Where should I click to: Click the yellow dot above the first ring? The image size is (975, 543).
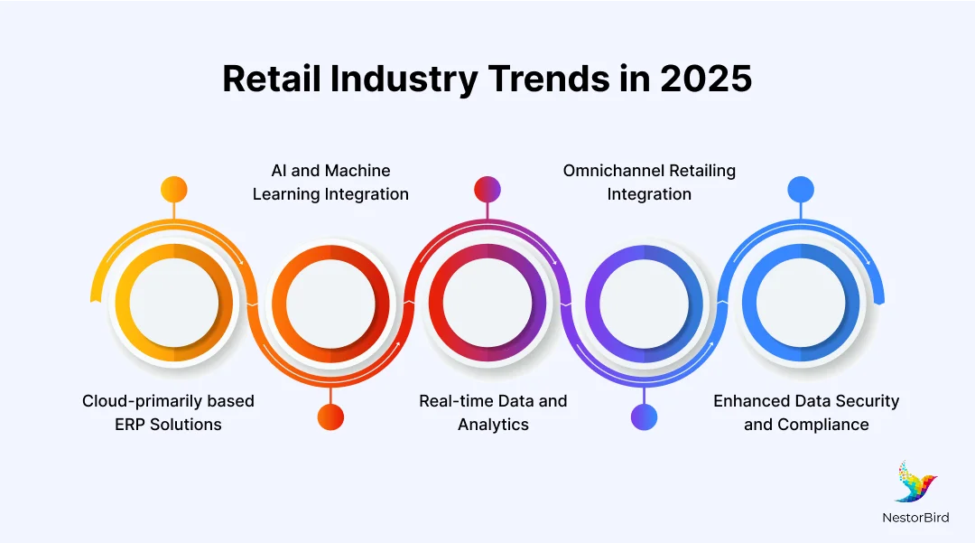click(173, 190)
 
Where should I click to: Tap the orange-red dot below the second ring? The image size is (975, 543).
click(330, 417)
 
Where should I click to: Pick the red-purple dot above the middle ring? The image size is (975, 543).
click(487, 190)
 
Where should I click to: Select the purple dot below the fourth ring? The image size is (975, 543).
click(644, 417)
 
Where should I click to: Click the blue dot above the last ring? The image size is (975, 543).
click(800, 190)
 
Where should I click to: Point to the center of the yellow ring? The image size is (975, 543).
click(173, 303)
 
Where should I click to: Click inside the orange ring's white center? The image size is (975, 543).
click(330, 303)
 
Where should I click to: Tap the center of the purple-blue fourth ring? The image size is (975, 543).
click(644, 303)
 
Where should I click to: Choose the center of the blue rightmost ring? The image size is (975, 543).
click(800, 303)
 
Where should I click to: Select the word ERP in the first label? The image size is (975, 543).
click(133, 425)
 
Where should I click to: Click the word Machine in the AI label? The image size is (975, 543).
click(357, 171)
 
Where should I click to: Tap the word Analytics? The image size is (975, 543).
click(493, 425)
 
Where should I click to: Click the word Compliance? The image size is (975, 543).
click(823, 425)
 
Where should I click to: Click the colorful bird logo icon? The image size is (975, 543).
click(915, 482)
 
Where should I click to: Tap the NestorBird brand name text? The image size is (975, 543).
click(915, 518)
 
